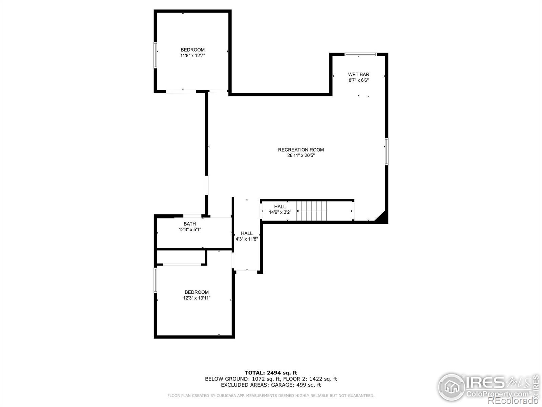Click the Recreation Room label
pyautogui.click(x=301, y=150)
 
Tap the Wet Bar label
pyautogui.click(x=358, y=74)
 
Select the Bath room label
pyautogui.click(x=190, y=224)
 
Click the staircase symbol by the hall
pyautogui.click(x=312, y=211)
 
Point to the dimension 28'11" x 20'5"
pyautogui.click(x=301, y=156)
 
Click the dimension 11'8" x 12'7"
pyautogui.click(x=192, y=56)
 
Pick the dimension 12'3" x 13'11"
pyautogui.click(x=196, y=298)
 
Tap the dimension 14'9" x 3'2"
pyautogui.click(x=280, y=212)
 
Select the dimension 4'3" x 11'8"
pyautogui.click(x=247, y=239)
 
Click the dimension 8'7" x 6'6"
pyautogui.click(x=358, y=80)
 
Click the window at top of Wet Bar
pyautogui.click(x=360, y=54)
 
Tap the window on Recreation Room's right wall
pyautogui.click(x=387, y=151)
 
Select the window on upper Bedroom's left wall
pyautogui.click(x=155, y=55)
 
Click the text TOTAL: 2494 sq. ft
pyautogui.click(x=271, y=373)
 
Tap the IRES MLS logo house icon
pyautogui.click(x=451, y=387)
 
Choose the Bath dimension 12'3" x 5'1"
pyautogui.click(x=190, y=230)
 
